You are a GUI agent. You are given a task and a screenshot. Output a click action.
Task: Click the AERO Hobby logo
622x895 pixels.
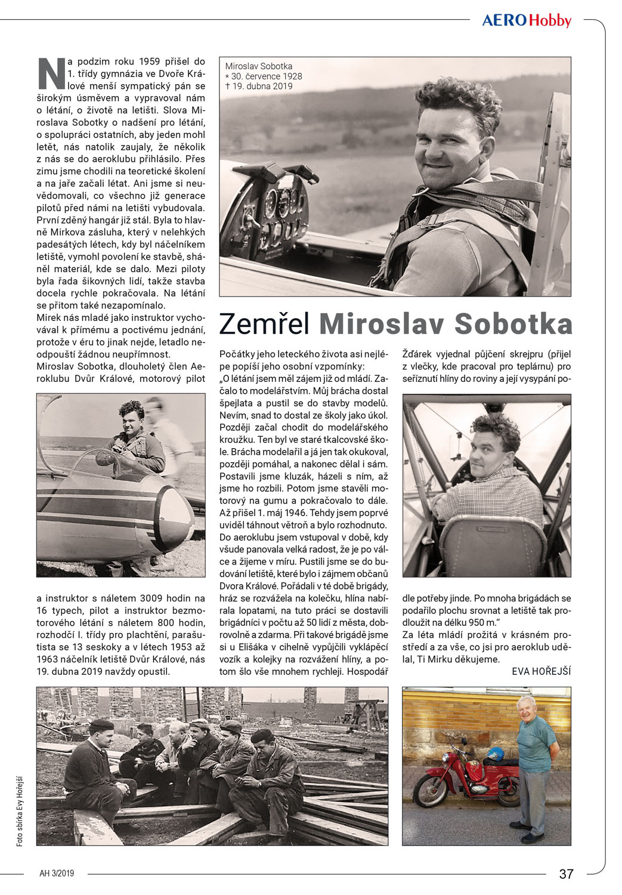point(527,21)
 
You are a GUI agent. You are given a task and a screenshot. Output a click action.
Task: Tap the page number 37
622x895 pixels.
point(566,874)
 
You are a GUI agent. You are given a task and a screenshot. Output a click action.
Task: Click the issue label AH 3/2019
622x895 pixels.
point(57,874)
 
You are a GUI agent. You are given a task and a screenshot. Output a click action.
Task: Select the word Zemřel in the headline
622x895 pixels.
point(264,324)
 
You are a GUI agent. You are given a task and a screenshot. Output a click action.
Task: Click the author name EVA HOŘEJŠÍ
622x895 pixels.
point(541,671)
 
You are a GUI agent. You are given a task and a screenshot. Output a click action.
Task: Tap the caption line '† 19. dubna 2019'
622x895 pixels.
point(259,86)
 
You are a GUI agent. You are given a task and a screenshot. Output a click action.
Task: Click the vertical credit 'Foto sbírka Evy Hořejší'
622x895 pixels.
point(20,811)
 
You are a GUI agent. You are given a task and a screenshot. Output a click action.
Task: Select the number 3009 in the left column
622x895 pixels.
point(156,598)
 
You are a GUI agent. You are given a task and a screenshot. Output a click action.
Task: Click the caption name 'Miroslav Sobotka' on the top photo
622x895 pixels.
point(259,66)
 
